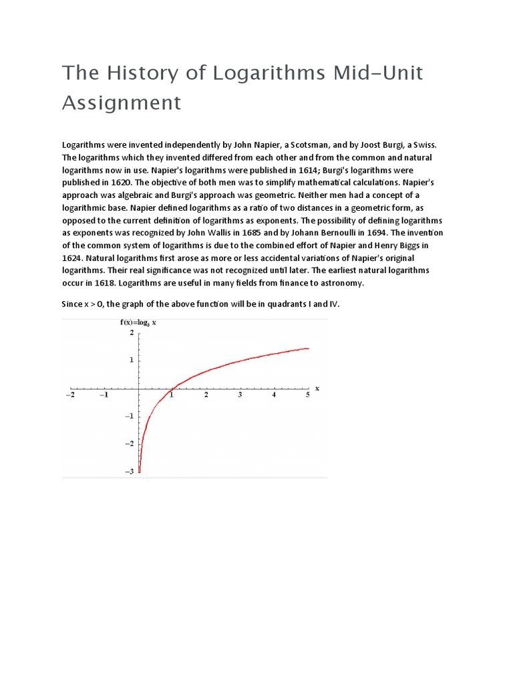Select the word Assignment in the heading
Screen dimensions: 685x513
(122, 103)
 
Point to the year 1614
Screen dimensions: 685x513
(301, 170)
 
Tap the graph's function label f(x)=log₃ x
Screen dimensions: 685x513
(138, 322)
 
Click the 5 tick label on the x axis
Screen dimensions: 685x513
(308, 395)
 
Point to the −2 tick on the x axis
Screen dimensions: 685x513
(69, 395)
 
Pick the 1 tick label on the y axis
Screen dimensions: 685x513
(132, 360)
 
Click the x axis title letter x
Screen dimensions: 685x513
(317, 387)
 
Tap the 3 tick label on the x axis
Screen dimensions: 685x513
(240, 395)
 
